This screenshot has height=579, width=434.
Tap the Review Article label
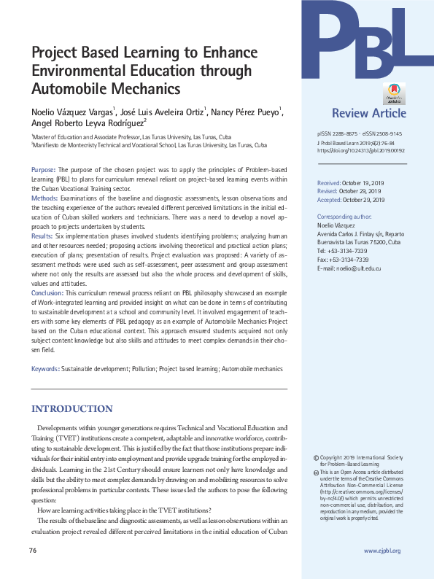(x=369, y=113)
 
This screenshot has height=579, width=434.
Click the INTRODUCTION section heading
(x=71, y=408)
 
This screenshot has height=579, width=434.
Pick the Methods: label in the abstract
(x=44, y=198)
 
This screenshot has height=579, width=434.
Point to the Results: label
(x=42, y=236)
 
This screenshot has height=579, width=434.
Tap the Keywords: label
(x=45, y=369)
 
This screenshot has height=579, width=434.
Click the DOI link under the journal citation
(x=361, y=151)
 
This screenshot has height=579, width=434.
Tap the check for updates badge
(x=394, y=93)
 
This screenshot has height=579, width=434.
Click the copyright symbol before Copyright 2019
(x=315, y=457)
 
